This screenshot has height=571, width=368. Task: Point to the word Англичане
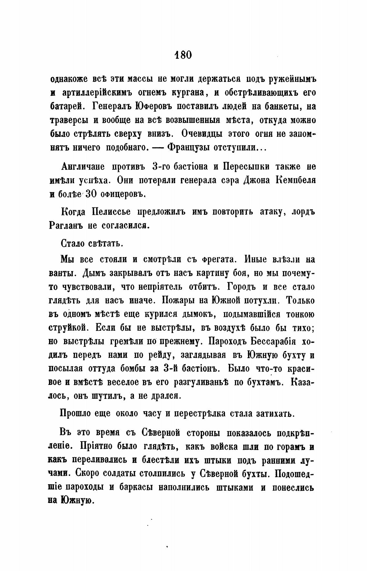pos(83,167)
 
